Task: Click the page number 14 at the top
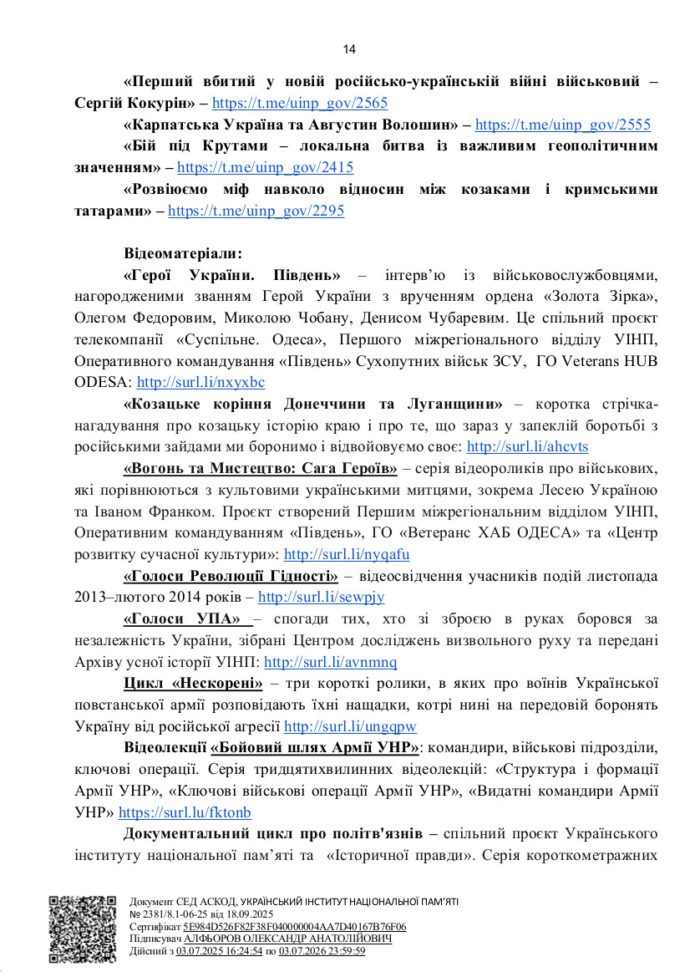point(349,49)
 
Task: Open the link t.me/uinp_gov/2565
point(299,104)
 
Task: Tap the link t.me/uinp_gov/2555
point(562,125)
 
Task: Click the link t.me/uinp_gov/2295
point(256,211)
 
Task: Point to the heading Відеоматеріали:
point(183,254)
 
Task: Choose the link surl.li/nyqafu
point(347,554)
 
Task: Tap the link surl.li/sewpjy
point(321,598)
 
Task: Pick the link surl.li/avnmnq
point(330,662)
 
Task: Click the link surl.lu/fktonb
point(185,812)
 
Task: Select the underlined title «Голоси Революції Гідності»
point(231,576)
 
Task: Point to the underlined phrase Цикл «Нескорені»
point(193,684)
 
